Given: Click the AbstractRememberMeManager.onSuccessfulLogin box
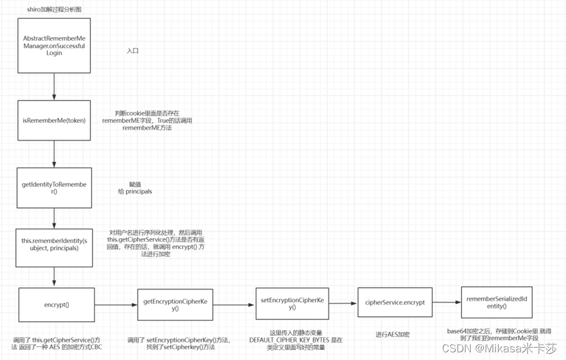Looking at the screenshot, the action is [54, 45].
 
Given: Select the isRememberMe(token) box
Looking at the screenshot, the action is [54, 121].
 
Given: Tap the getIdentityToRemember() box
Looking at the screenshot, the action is [54, 189].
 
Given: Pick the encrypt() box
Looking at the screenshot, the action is [57, 306].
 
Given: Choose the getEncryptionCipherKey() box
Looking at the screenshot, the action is [175, 305].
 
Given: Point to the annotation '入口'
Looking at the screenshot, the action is [132, 51].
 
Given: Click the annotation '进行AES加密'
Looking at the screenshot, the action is [392, 335].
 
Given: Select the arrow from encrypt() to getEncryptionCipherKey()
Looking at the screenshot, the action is [116, 306].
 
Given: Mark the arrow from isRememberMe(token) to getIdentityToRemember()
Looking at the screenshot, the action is [54, 155].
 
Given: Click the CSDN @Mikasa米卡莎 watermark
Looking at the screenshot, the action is [499, 348].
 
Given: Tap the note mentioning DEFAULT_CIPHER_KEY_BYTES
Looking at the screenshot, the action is [295, 340].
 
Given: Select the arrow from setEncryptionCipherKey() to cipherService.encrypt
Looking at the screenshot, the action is [343, 303].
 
